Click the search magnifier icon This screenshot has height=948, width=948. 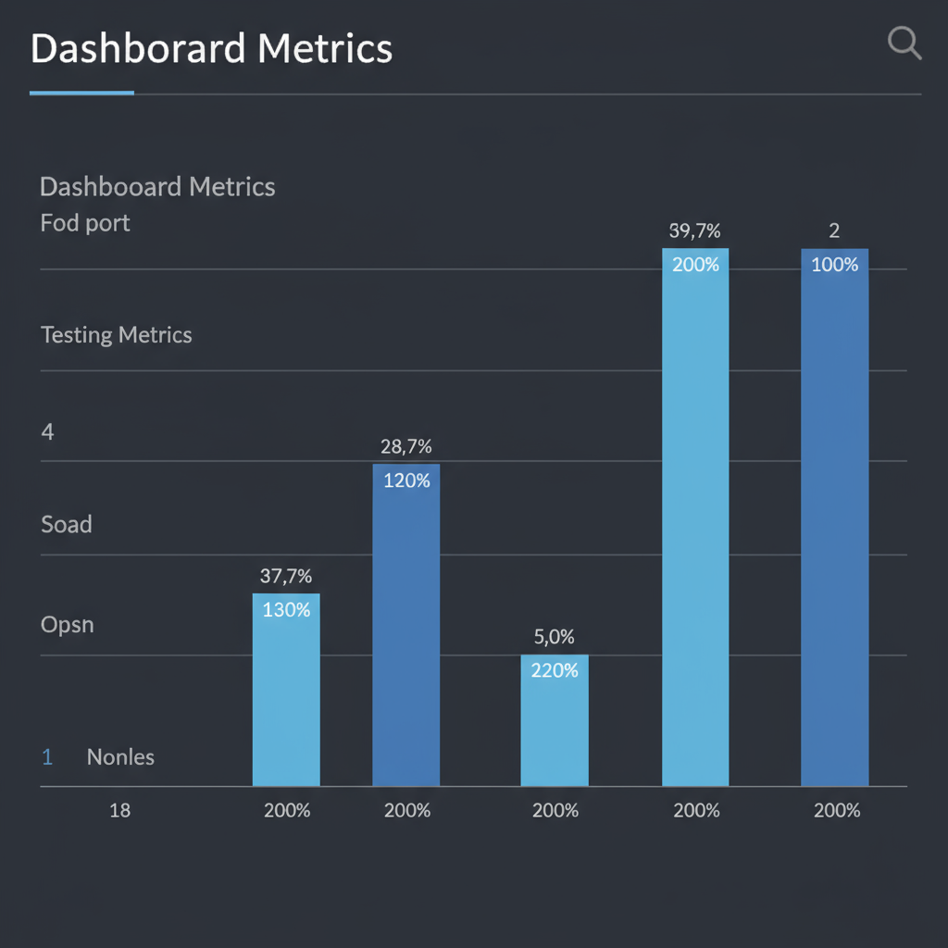904,43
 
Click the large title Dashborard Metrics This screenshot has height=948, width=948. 211,48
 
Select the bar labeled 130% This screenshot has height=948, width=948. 286,690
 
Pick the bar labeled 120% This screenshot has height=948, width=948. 405,625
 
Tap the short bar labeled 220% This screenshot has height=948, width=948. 555,720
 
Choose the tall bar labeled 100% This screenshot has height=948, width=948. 834,518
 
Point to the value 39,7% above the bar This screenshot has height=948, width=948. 694,231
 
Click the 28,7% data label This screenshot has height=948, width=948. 405,446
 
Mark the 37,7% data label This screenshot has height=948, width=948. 286,576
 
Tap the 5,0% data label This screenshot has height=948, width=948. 555,637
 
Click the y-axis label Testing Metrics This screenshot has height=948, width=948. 117,334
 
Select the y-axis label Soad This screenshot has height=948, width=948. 67,524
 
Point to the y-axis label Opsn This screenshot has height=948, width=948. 68,624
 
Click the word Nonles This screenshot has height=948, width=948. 120,756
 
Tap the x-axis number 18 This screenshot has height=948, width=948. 119,810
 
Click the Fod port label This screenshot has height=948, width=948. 85,223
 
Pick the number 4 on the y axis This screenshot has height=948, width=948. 47,431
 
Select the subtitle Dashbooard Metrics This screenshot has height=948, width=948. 157,187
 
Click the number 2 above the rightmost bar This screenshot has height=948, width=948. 834,231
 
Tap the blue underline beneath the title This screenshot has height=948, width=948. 81,93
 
